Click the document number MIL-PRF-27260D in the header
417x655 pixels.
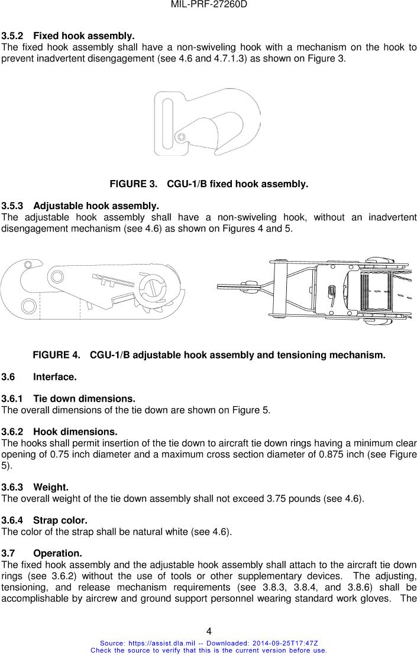[x=208, y=5]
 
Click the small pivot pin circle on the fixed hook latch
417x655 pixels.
[x=182, y=138]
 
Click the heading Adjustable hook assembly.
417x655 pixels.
[x=96, y=206]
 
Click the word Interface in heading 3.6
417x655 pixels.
[x=54, y=376]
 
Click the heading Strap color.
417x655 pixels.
[x=60, y=520]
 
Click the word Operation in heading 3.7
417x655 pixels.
[x=57, y=553]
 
